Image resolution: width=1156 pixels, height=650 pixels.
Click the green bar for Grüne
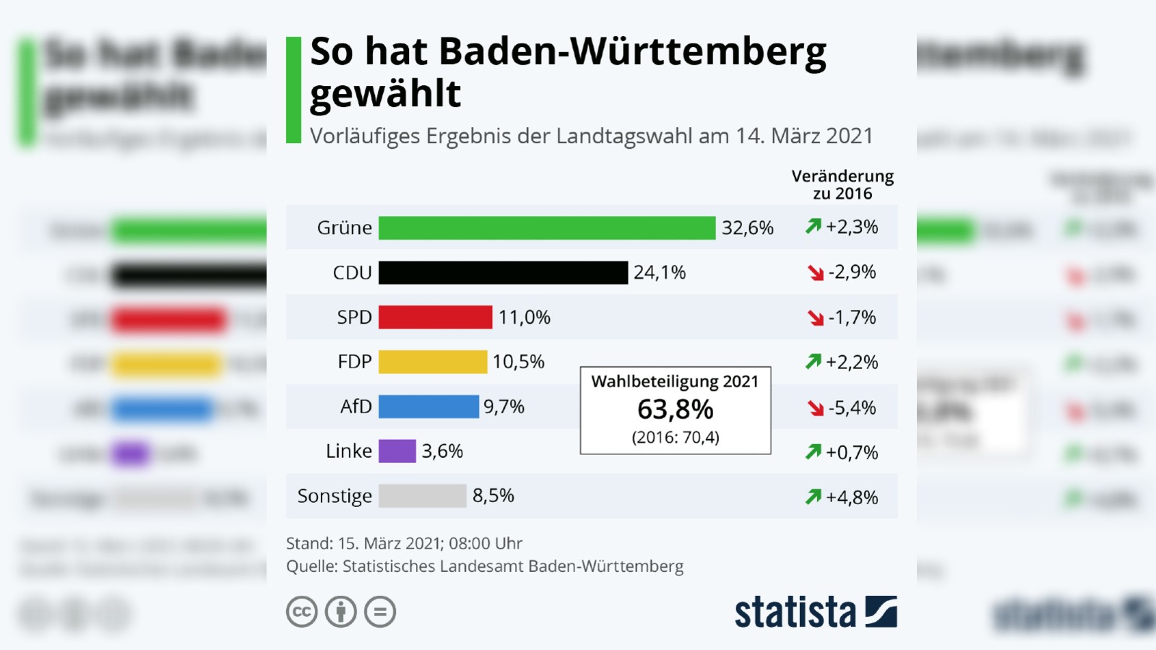click(x=547, y=228)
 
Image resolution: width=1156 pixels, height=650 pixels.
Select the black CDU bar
click(x=503, y=273)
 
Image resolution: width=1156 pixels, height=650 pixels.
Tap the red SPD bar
click(x=435, y=318)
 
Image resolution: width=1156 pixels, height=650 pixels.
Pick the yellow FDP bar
click(x=433, y=362)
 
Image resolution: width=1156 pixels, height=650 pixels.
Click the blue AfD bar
click(x=428, y=407)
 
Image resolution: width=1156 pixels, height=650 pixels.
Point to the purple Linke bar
click(x=397, y=451)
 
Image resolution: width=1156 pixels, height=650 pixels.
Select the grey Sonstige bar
click(x=423, y=496)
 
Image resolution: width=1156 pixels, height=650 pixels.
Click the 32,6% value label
click(x=747, y=228)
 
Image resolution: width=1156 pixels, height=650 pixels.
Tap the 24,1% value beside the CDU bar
click(x=660, y=273)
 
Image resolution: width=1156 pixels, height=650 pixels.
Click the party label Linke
click(x=349, y=451)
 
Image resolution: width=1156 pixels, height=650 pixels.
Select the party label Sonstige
click(x=335, y=496)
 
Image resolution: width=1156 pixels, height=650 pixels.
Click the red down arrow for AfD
click(x=816, y=408)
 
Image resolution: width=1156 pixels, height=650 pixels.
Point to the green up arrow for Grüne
click(x=813, y=227)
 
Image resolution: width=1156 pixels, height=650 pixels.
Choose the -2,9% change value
click(x=853, y=272)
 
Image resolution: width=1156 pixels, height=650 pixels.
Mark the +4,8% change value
click(x=853, y=498)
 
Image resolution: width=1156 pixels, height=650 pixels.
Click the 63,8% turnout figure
click(x=675, y=409)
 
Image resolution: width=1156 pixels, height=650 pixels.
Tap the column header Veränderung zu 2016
click(x=842, y=185)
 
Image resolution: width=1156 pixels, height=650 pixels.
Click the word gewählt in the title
click(x=385, y=95)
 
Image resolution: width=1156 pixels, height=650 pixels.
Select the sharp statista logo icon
click(x=881, y=612)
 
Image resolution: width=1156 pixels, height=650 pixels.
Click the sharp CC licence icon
click(x=302, y=612)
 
